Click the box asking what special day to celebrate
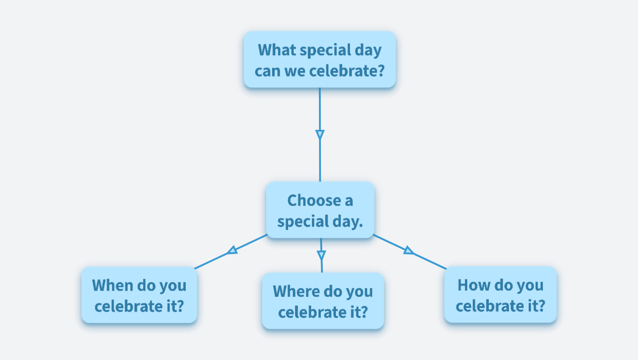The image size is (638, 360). click(319, 60)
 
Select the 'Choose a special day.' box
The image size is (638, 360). click(320, 210)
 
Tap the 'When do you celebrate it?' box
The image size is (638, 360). click(139, 295)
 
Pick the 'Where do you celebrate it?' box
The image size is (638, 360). click(323, 301)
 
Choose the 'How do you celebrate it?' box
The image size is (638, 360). click(500, 295)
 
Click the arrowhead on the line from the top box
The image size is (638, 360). click(320, 135)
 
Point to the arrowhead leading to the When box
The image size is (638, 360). click(232, 250)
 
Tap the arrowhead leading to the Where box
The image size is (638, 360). click(321, 255)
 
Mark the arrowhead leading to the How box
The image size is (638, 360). click(409, 251)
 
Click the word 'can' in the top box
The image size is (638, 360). click(267, 71)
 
